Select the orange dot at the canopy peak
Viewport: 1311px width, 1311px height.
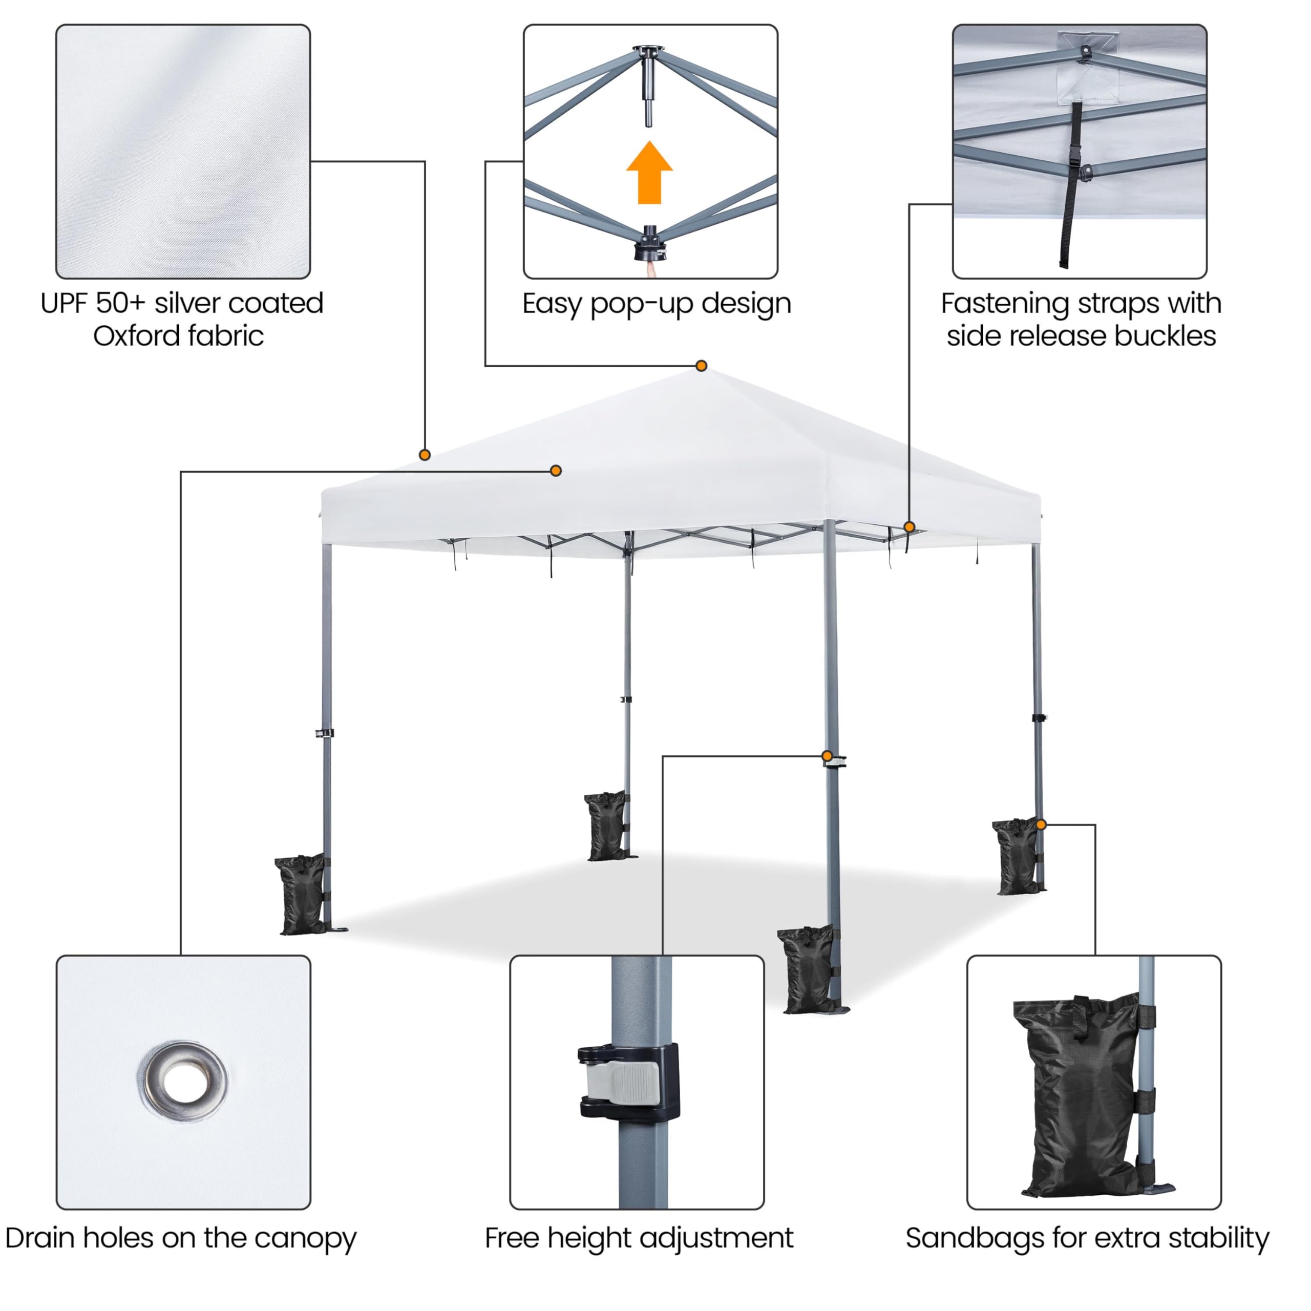point(702,366)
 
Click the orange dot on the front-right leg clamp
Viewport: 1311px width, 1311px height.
point(827,756)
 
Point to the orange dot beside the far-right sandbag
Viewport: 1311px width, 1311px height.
point(1042,824)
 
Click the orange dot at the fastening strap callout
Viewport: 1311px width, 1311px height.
point(910,526)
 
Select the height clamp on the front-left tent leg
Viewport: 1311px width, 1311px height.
point(324,733)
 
